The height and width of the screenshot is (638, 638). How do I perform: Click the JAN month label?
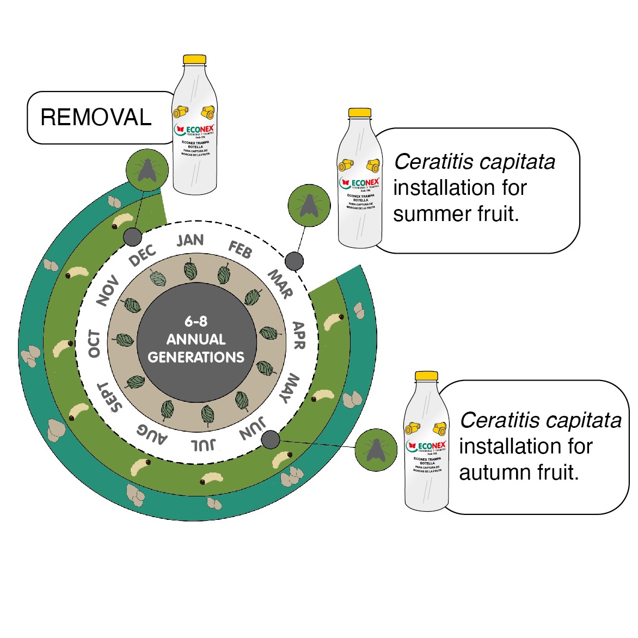coord(190,240)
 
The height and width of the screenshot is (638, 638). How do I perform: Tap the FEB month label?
coord(240,249)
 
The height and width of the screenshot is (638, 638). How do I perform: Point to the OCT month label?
coord(94,343)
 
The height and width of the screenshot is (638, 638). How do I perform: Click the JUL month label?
coord(203,445)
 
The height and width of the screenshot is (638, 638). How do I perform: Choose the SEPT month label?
coord(109,397)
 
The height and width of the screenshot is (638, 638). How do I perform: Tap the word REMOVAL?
coord(96,118)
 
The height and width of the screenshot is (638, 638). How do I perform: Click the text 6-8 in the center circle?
coord(195,321)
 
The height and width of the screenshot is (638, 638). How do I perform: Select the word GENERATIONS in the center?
coord(196,357)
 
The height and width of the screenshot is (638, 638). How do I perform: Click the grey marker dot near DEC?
coord(132,237)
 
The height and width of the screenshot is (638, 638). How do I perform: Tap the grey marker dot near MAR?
coord(295,261)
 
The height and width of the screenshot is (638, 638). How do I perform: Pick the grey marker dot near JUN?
coord(271,439)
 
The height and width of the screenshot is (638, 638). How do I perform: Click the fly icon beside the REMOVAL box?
coord(146,170)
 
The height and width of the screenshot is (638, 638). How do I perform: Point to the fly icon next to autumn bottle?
coord(375,450)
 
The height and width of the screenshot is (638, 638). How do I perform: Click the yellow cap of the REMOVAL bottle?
coord(194,59)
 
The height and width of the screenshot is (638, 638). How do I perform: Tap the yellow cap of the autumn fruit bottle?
coord(426,376)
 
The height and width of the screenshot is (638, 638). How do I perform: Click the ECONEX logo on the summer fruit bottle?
coord(360,182)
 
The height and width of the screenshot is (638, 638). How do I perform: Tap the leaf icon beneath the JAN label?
coord(190,270)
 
